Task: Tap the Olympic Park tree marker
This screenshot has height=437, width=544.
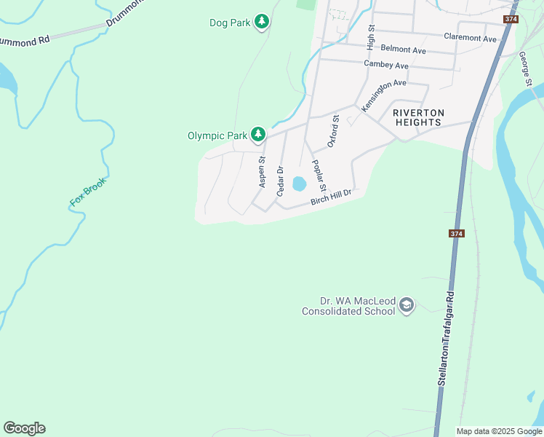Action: [x=257, y=135]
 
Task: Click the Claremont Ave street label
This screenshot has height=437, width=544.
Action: [x=470, y=37]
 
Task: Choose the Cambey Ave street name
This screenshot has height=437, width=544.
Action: [x=385, y=65]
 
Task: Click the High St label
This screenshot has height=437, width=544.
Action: [x=371, y=38]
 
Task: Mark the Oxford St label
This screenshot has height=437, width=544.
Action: [x=333, y=131]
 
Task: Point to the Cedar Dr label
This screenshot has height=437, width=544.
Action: [x=280, y=181]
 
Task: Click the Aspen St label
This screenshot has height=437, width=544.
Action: [x=263, y=173]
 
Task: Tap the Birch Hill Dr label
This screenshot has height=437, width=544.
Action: [x=331, y=197]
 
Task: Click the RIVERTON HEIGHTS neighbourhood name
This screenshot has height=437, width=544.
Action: [x=417, y=117]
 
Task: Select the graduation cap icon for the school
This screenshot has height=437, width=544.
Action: [x=407, y=304]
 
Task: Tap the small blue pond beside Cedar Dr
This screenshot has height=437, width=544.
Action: [x=299, y=184]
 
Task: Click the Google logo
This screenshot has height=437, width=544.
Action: [x=24, y=428]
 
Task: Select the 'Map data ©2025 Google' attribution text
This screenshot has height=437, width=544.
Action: [x=498, y=431]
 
